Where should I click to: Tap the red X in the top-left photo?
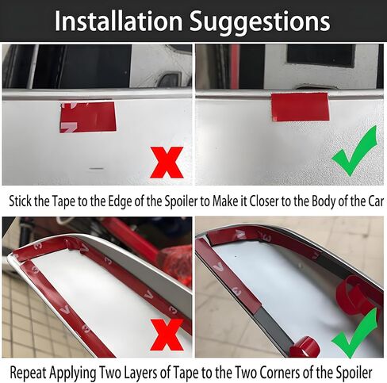(167, 163)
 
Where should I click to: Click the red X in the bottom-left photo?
(167, 334)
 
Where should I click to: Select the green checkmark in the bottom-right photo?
(354, 334)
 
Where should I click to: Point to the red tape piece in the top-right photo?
(300, 106)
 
